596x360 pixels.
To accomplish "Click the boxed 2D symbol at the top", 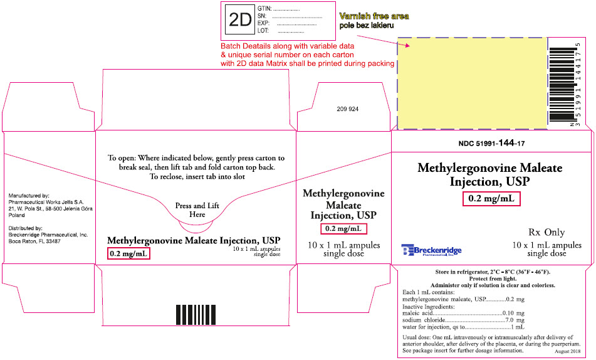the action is tap(239, 20).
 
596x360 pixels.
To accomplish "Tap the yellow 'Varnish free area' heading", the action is tap(374, 16).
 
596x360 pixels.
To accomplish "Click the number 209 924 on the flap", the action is tap(347, 109).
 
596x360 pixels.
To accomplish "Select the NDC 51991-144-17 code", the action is tap(491, 143).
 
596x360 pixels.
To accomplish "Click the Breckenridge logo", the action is tap(431, 250).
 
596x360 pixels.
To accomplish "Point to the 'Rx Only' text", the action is tap(546, 232).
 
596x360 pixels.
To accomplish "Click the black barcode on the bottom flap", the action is tap(196, 314).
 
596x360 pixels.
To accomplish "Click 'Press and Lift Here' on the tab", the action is tap(197, 210).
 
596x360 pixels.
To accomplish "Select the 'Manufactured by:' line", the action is tap(29, 196).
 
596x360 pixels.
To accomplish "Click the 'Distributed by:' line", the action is tap(26, 228).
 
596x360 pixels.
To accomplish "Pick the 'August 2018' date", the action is tap(568, 351).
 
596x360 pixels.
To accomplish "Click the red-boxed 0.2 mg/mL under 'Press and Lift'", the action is tap(129, 253).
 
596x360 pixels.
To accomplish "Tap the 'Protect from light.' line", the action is tap(493, 278).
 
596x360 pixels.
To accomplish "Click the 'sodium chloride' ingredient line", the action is tap(463, 320).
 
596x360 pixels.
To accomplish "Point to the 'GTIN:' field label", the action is tap(264, 8).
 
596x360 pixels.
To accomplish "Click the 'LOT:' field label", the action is tap(263, 31).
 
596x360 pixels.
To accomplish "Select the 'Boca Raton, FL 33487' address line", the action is tap(34, 241).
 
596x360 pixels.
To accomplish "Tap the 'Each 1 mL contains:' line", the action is tap(429, 292).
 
